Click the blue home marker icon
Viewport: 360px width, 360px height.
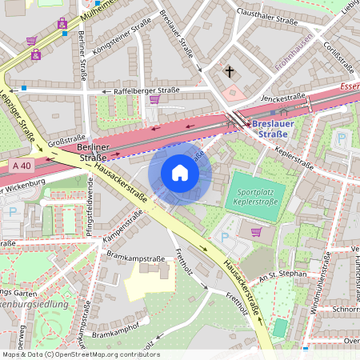tap(180, 173)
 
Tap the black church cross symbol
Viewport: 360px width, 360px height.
tap(230, 72)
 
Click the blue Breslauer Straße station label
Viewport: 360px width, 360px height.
tap(276, 129)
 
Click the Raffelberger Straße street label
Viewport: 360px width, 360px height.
tap(146, 91)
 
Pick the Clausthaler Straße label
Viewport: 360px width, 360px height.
tap(273, 13)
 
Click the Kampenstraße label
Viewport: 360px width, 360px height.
tap(122, 227)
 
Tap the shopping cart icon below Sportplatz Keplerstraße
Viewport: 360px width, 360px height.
tap(257, 232)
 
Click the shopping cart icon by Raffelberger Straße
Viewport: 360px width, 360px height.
tap(154, 100)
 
